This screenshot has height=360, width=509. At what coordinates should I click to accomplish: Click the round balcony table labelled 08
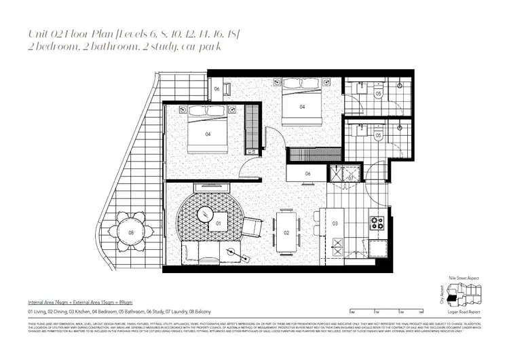click(131, 233)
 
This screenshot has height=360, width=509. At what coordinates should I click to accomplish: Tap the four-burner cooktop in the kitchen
click(376, 221)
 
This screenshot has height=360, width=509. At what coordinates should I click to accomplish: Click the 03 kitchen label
click(335, 223)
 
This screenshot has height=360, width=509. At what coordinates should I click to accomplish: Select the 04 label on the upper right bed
click(302, 106)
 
